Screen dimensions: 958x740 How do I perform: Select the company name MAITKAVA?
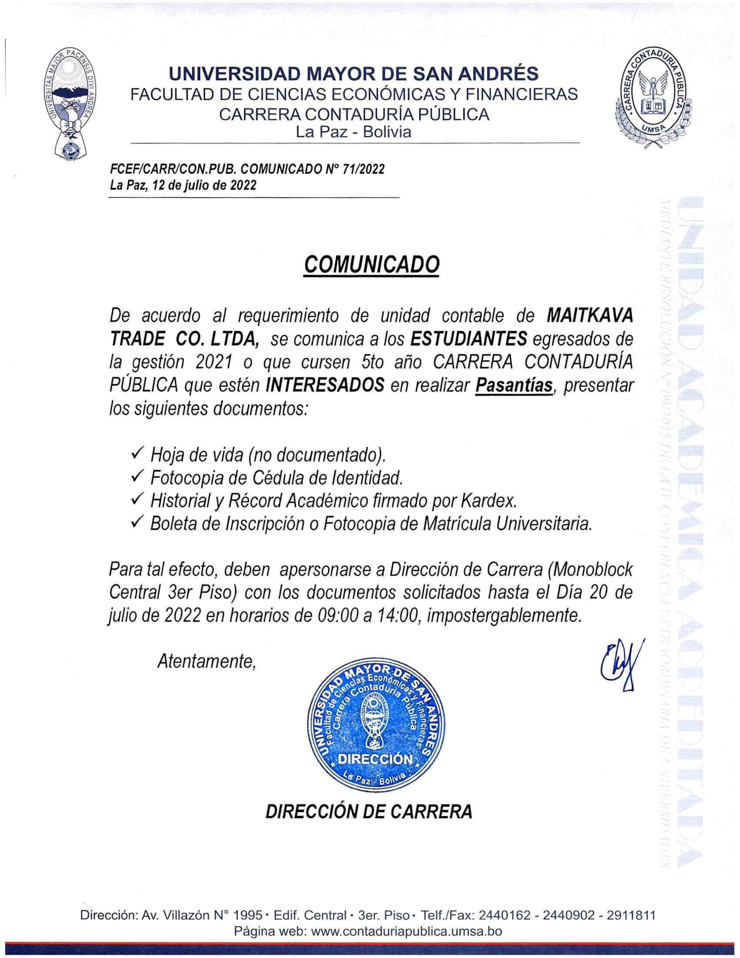(590, 315)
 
